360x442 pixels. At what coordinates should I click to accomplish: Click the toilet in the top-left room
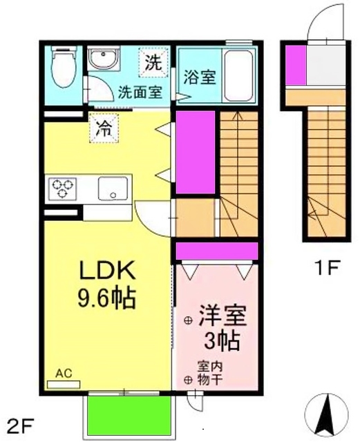(x=64, y=67)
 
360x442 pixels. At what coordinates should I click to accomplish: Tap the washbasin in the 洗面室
(x=104, y=59)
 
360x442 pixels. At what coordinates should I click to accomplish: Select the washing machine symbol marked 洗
(x=153, y=63)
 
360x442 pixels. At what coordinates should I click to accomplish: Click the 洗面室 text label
(x=140, y=92)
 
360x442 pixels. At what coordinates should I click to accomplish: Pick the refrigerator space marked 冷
(x=104, y=128)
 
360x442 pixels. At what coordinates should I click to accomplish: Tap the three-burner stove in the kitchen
(x=62, y=189)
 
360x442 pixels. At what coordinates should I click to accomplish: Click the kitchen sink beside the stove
(x=113, y=189)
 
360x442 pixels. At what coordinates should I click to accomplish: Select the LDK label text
(x=107, y=270)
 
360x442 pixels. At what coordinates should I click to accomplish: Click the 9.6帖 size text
(x=106, y=298)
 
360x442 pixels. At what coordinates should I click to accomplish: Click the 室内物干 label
(x=210, y=374)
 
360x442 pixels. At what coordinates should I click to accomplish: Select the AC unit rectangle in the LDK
(x=64, y=385)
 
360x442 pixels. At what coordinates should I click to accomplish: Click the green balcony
(x=129, y=417)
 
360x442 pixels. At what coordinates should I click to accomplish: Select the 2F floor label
(x=20, y=427)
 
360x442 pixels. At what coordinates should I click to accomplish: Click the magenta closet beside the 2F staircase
(x=196, y=152)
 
